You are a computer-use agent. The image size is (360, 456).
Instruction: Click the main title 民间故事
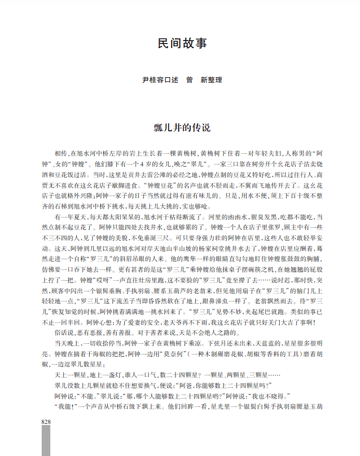[x=180, y=45]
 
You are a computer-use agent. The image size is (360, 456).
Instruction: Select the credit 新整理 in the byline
[x=211, y=81]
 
